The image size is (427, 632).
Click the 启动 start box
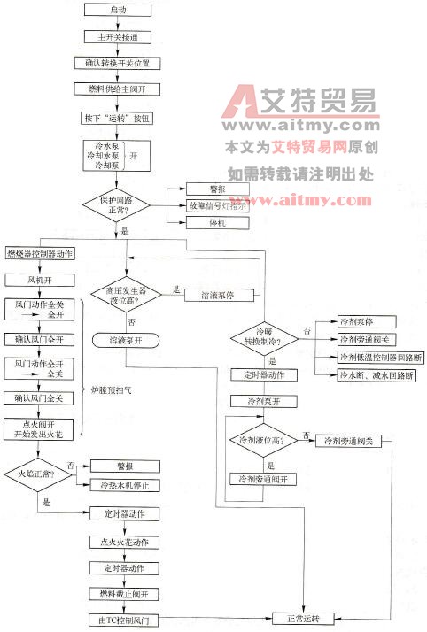pyautogui.click(x=117, y=10)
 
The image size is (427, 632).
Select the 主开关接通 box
pyautogui.click(x=117, y=37)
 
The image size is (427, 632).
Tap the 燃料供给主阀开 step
pyautogui.click(x=117, y=89)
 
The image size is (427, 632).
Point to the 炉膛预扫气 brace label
pyautogui.click(x=109, y=389)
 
